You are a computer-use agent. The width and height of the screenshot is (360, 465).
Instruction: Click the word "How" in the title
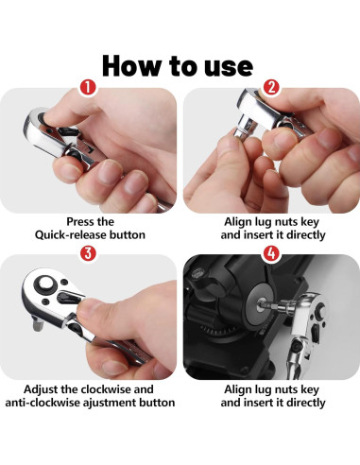point(131,65)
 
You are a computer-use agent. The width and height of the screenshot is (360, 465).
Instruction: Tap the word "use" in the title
point(229,67)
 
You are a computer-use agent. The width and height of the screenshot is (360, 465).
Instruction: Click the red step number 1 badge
point(88,87)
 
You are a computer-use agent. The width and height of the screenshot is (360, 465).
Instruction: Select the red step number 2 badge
point(271,87)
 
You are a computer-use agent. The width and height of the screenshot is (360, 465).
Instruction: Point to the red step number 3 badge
point(88,253)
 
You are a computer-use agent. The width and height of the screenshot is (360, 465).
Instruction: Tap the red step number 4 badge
point(271,253)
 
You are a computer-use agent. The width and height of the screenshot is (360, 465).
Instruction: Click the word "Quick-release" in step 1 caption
point(71,235)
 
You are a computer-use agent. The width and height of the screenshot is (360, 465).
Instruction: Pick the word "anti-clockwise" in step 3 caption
point(43,403)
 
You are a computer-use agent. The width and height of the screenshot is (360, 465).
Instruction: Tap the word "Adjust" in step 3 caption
point(41,389)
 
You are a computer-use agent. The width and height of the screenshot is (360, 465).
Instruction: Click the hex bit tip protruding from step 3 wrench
point(37,324)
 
